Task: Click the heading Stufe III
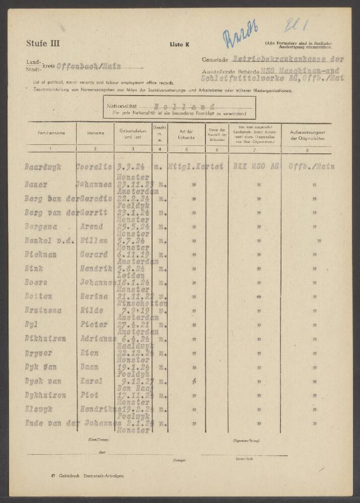(x=42, y=43)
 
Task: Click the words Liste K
(x=180, y=45)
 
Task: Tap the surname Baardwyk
(x=43, y=167)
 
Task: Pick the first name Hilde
(x=91, y=310)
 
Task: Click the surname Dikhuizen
(x=45, y=339)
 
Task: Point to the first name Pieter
(x=94, y=324)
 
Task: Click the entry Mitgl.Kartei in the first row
(x=196, y=167)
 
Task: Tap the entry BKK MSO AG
(x=254, y=167)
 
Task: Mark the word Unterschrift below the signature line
(x=244, y=459)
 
